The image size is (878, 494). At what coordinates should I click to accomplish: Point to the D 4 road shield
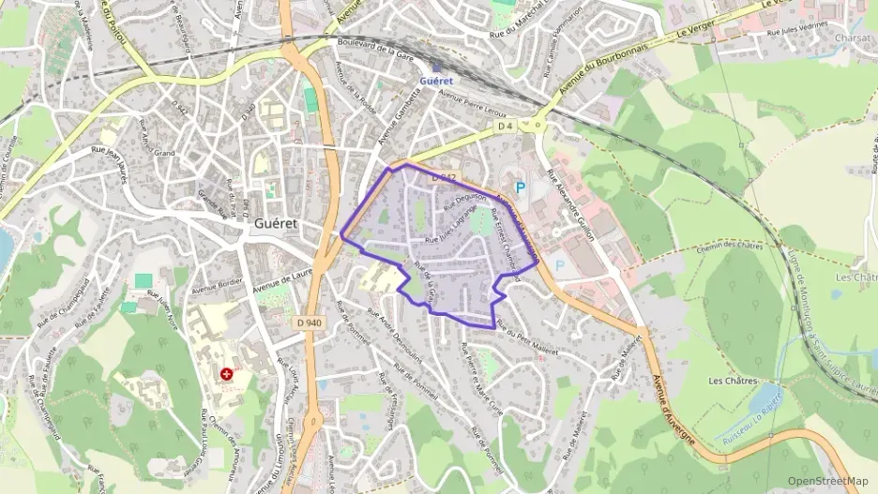click(506, 126)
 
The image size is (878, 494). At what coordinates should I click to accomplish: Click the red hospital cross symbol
click(227, 374)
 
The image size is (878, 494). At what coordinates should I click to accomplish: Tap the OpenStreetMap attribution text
click(827, 481)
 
